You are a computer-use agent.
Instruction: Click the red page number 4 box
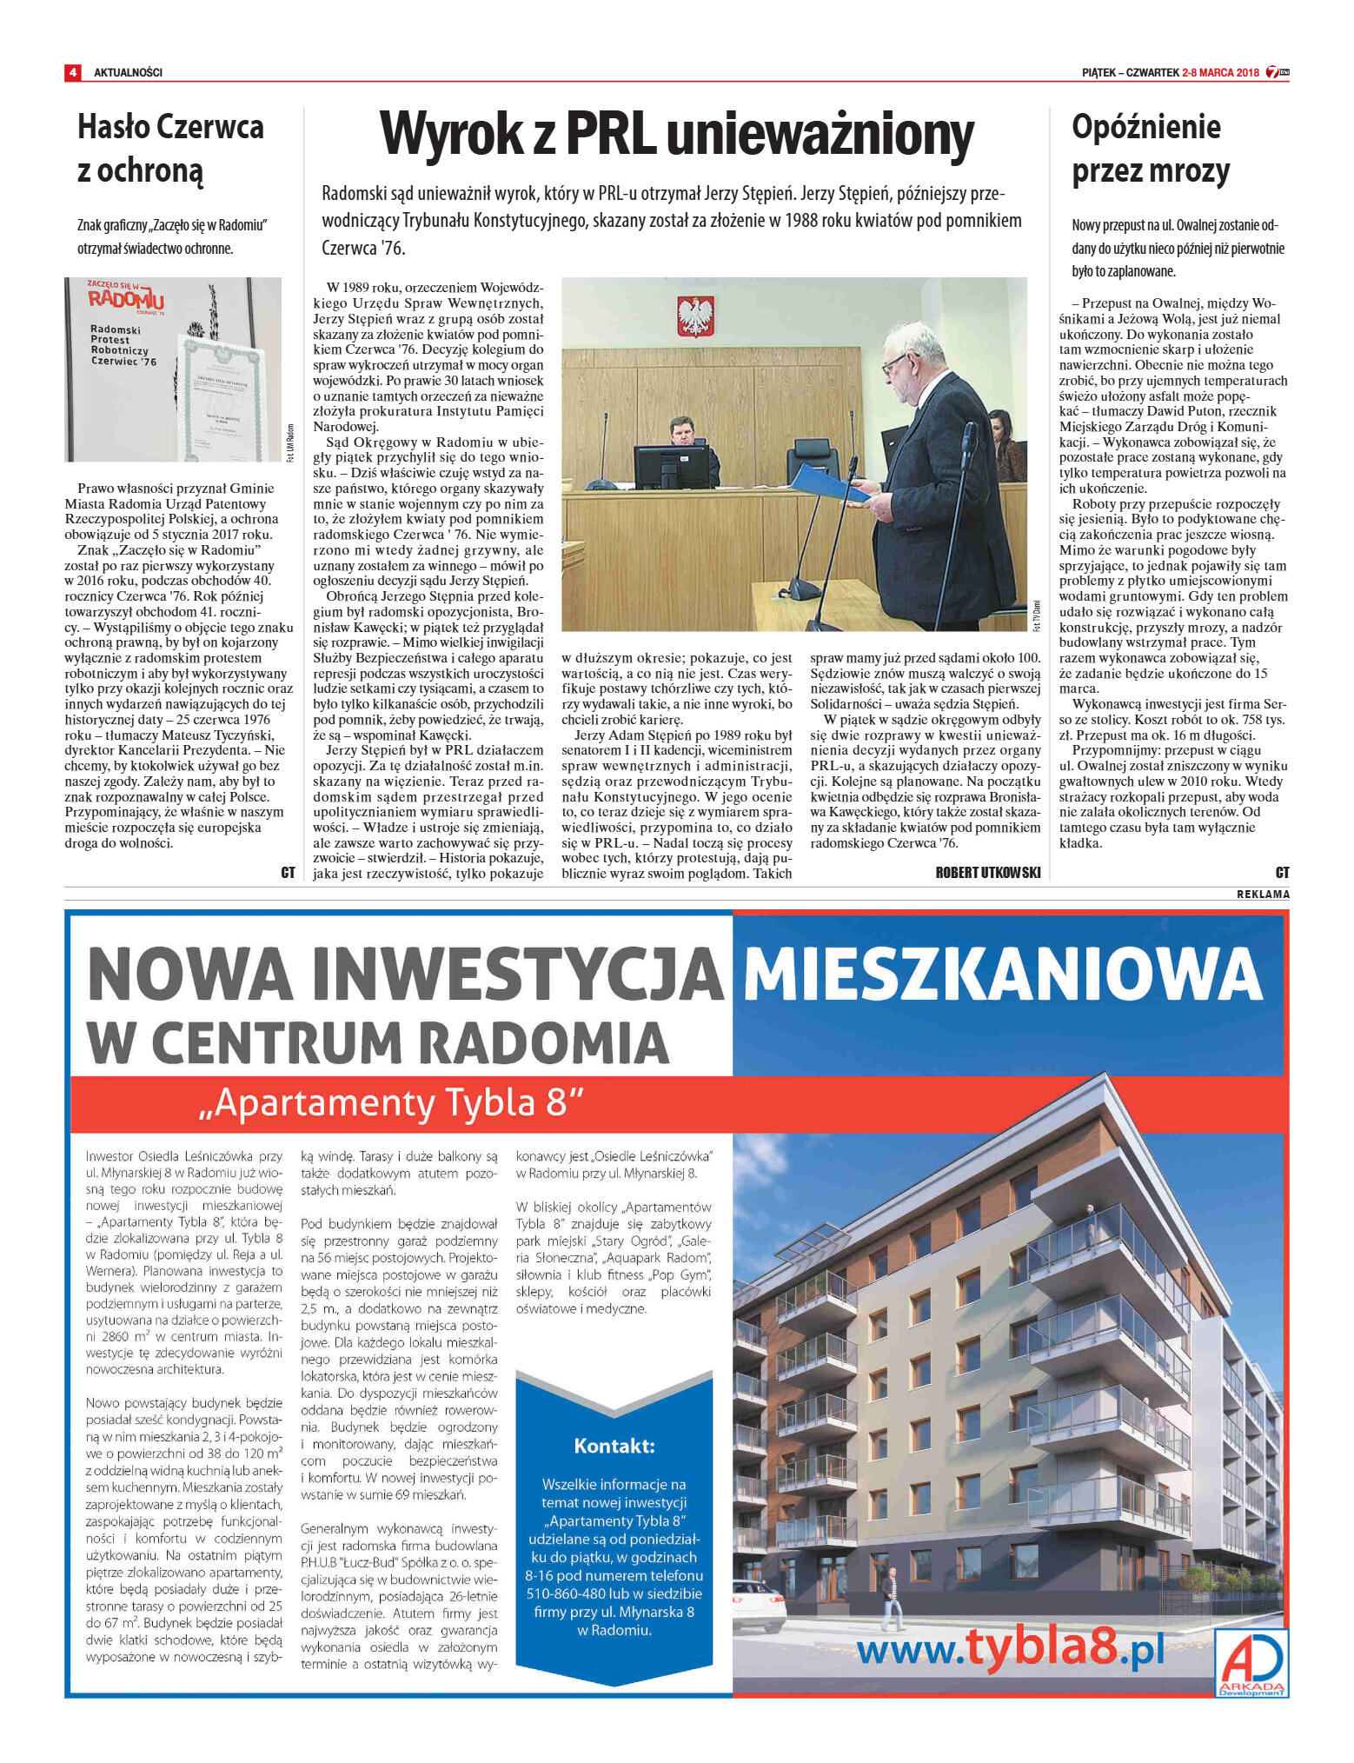click(73, 72)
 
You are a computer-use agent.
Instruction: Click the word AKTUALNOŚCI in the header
click(128, 72)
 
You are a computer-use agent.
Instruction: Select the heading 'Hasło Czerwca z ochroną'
click(169, 149)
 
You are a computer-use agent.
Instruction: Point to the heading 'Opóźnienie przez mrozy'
click(1150, 149)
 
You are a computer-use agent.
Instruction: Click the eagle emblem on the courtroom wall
click(695, 316)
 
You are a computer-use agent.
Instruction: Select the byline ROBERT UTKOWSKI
click(987, 872)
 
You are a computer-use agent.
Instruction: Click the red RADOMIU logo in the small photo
click(126, 298)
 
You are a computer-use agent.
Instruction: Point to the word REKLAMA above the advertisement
click(1263, 895)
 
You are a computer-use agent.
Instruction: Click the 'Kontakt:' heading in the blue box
click(614, 1446)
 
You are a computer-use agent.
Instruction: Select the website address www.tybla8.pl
click(1010, 1648)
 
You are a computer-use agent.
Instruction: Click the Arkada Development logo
click(1251, 1662)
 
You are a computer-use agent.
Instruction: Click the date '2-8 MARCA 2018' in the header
click(1220, 72)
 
